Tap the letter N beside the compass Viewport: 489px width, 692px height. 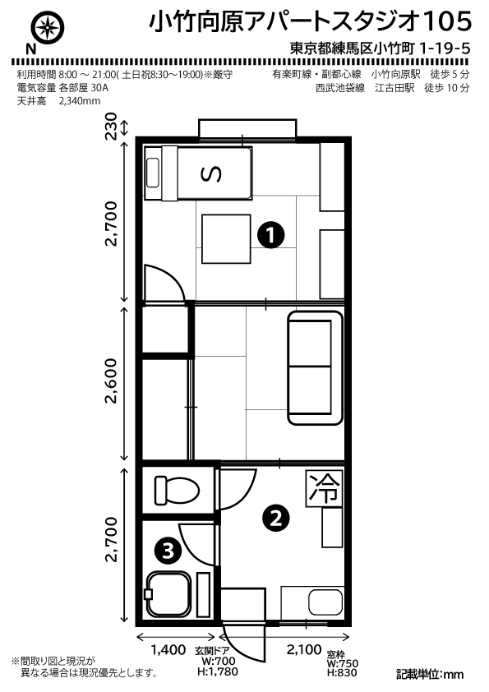tap(30, 49)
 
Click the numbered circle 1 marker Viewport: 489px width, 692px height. tap(271, 235)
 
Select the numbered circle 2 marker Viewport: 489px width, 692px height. tap(276, 519)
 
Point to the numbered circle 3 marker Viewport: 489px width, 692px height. tap(168, 551)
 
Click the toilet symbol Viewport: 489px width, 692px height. tap(177, 490)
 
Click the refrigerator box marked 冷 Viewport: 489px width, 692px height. tap(325, 488)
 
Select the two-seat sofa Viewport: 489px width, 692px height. tap(315, 368)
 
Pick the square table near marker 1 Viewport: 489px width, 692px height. tap(226, 239)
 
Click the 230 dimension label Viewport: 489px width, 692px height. tap(111, 127)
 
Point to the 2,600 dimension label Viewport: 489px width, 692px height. tap(111, 381)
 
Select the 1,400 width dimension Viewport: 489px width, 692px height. tap(168, 650)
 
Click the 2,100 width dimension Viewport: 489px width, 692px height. tap(304, 649)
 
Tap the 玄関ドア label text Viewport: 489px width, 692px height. tap(212, 651)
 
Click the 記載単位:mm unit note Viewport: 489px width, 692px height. tap(430, 675)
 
